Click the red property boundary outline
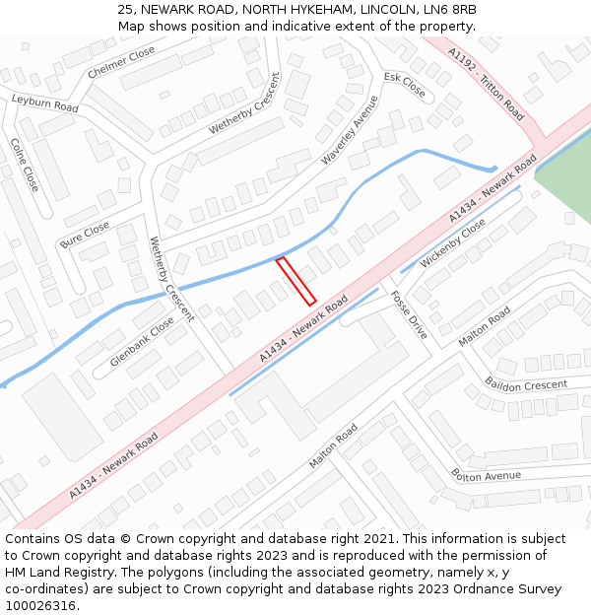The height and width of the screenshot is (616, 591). [x=295, y=281]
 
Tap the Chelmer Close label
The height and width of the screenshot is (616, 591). [x=121, y=62]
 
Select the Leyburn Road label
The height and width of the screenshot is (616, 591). [x=44, y=103]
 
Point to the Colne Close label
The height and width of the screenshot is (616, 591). [x=25, y=165]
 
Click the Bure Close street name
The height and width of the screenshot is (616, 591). [x=85, y=235]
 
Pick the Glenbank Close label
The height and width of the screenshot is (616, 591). [x=142, y=342]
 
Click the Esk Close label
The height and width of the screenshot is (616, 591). [x=404, y=85]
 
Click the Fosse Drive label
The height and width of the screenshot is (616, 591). [x=409, y=315]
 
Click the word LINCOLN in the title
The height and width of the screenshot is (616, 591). [x=380, y=9]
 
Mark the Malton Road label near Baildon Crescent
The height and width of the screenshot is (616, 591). [x=485, y=326]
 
